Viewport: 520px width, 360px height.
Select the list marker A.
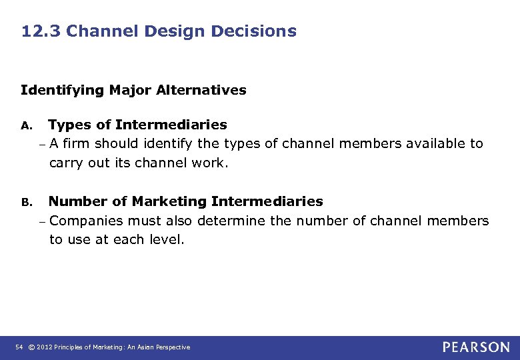point(26,125)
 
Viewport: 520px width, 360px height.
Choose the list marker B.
point(26,202)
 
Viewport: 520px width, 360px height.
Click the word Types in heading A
point(70,125)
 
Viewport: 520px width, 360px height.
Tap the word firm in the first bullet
point(77,143)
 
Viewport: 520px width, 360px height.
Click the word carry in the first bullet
point(66,163)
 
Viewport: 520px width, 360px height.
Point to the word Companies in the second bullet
point(86,221)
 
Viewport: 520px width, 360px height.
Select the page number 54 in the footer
point(18,347)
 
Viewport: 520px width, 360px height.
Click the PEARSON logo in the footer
point(476,347)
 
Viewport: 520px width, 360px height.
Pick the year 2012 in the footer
point(45,347)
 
